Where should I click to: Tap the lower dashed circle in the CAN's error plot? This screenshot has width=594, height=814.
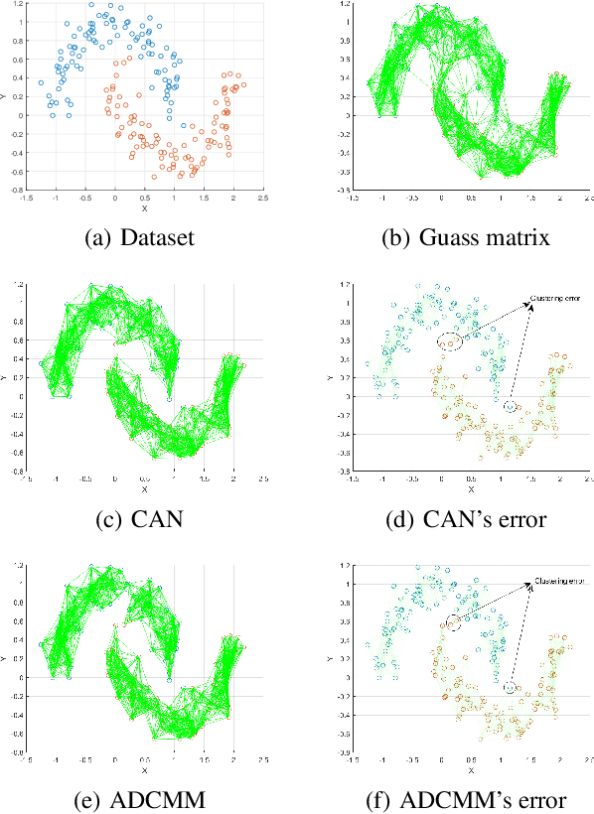tap(510, 407)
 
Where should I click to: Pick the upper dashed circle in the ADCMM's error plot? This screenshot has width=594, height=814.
tap(453, 622)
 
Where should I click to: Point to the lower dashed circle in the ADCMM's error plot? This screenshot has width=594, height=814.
tap(510, 687)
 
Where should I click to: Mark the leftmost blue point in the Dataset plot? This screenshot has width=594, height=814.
tap(41, 83)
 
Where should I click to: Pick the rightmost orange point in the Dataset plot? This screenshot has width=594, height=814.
tap(243, 84)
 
